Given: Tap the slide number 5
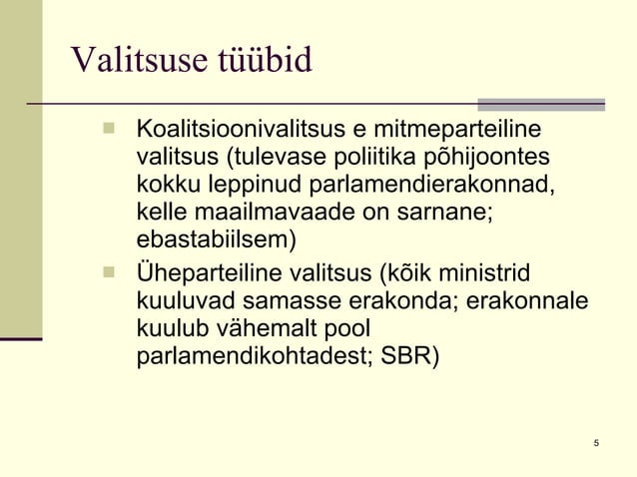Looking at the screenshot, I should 595,443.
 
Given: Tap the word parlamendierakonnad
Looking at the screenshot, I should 436,186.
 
